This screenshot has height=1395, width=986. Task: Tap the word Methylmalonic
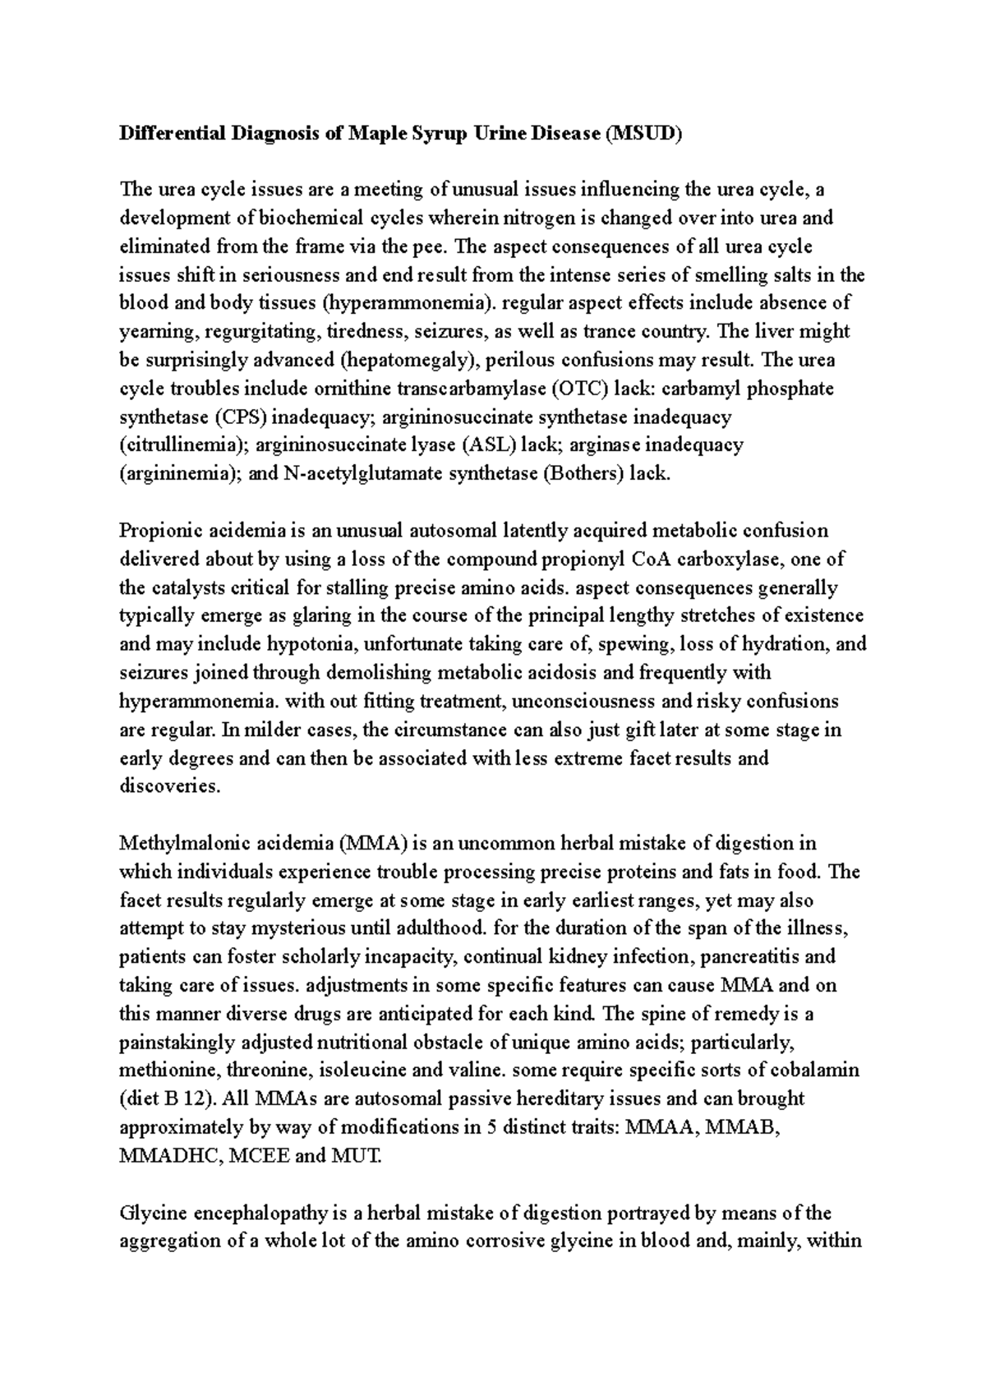click(x=177, y=843)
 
